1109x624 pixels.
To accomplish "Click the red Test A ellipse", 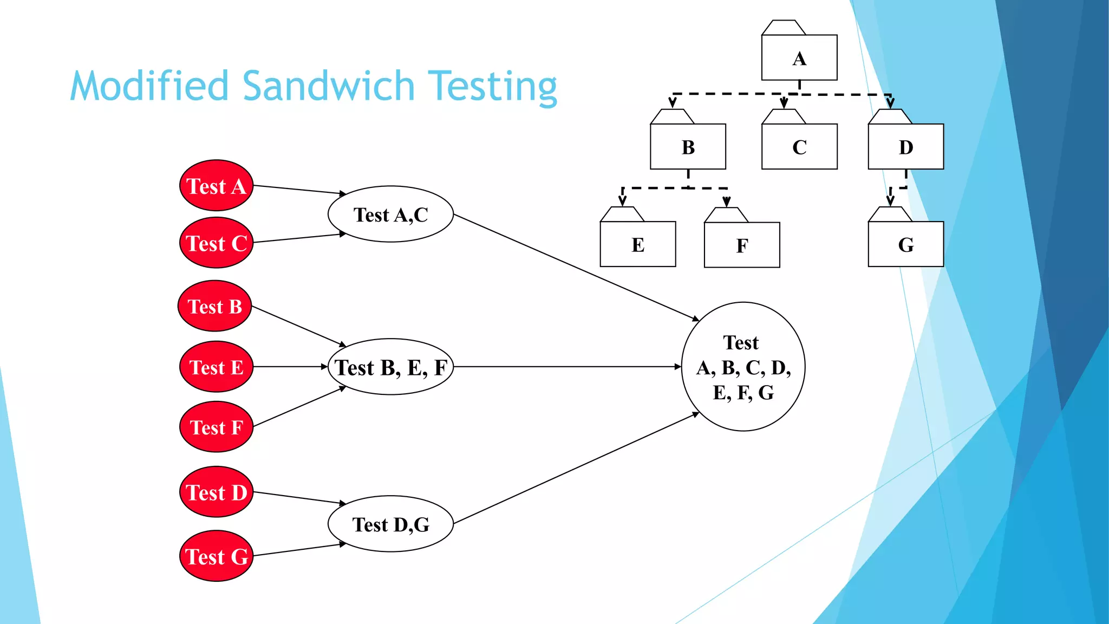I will point(216,186).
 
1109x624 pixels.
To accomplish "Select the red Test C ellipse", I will point(216,243).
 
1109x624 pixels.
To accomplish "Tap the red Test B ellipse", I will point(215,306).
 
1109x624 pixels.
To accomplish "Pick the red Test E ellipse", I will point(216,367).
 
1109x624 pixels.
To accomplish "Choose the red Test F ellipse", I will point(216,427).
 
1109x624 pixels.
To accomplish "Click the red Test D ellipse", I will point(216,492).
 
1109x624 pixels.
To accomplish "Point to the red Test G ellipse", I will point(216,556).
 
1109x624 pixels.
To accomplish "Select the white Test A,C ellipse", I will point(390,214).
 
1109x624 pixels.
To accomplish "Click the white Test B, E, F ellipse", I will point(390,367).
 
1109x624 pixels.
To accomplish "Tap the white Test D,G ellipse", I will point(390,524).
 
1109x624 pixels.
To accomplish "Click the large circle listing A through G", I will point(743,367).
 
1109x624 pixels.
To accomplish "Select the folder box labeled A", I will point(799,57).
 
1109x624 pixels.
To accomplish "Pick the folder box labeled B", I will point(688,146).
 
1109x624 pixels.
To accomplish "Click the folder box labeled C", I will point(799,146).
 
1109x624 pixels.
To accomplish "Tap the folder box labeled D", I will point(905,146).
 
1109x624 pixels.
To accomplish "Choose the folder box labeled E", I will point(638,244).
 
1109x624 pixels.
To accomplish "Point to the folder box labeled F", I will point(742,244).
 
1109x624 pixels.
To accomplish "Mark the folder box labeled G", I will point(905,244).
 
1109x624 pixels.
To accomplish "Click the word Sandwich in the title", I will point(329,87).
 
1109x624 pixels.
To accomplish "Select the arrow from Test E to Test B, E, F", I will point(290,367).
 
